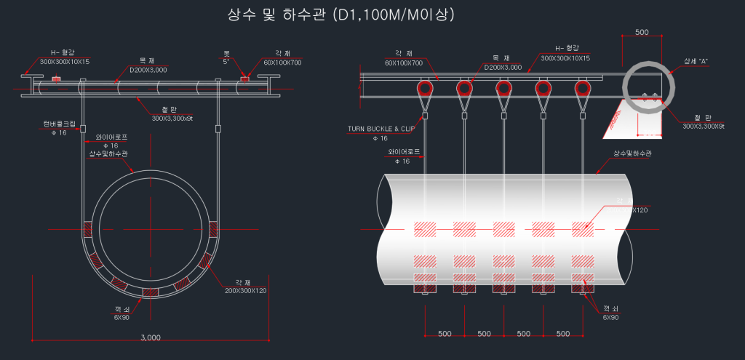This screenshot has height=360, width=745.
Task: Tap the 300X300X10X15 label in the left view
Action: click(65, 62)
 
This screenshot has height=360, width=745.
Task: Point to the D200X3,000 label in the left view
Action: click(148, 70)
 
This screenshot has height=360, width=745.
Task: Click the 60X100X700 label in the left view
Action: click(282, 63)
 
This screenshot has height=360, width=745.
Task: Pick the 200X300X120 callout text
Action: click(246, 290)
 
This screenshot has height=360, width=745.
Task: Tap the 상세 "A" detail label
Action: click(696, 61)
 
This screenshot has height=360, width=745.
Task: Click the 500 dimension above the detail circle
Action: click(642, 33)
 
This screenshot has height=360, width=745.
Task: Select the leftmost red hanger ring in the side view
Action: click(424, 89)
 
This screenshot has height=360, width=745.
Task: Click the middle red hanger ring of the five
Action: click(503, 89)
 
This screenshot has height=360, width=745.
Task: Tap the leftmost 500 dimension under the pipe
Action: click(445, 334)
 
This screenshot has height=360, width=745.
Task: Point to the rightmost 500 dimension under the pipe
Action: click(562, 334)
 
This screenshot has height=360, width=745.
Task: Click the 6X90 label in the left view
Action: click(121, 317)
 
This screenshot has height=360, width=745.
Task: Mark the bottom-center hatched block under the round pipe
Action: click(150, 292)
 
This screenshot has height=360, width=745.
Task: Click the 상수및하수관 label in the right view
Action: click(632, 154)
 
